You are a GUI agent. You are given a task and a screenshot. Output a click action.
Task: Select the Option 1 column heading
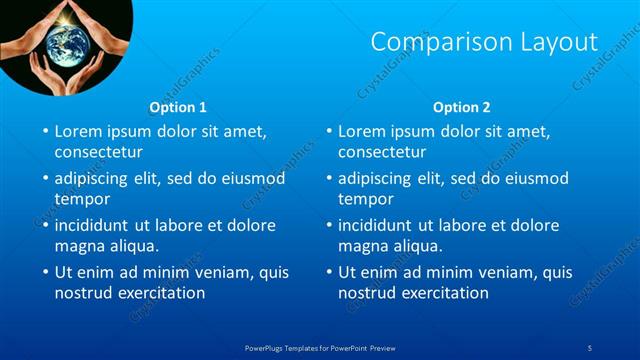coord(178,107)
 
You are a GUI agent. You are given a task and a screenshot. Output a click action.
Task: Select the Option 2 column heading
coord(462,107)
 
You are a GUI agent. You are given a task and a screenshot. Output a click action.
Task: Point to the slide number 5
coord(590,347)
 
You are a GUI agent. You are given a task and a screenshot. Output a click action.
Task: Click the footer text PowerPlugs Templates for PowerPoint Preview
coord(320,347)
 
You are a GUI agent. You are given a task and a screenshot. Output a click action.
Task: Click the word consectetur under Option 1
coord(98,153)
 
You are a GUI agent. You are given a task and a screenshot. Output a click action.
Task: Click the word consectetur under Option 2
coord(382,153)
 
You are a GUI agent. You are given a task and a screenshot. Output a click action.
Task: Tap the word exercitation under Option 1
coord(159,293)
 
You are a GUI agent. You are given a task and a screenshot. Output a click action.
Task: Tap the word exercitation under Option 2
coord(443,293)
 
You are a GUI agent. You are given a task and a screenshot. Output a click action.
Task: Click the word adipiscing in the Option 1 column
coord(94,179)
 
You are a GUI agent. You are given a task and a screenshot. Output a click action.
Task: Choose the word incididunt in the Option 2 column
coord(380,225)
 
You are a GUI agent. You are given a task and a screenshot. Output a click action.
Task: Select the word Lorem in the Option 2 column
coord(360,132)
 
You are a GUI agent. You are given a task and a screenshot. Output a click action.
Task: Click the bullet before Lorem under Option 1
coord(44,132)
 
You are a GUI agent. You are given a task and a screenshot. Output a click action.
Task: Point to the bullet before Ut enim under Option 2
coord(328,272)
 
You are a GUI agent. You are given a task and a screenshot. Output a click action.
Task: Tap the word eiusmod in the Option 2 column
coord(537,179)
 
